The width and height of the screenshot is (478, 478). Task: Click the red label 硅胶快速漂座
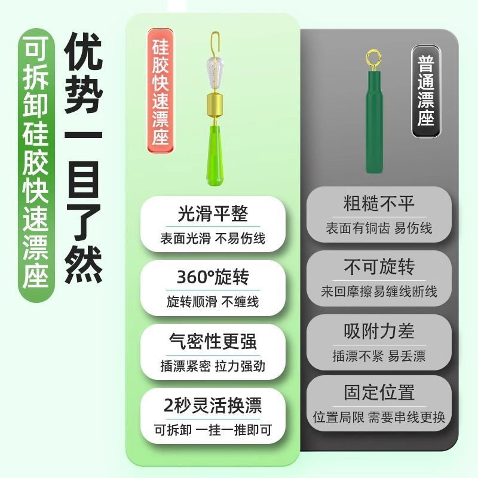point(161,91)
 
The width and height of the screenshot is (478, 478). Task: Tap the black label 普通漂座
point(426,91)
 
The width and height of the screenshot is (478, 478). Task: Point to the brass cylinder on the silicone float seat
point(215,105)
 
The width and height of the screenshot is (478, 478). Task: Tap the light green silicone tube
point(215,155)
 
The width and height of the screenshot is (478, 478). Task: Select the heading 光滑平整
point(213,214)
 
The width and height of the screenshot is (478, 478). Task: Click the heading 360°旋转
point(213,277)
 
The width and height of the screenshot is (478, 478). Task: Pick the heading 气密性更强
point(213,341)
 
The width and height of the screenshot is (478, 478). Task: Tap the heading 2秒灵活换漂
point(213,405)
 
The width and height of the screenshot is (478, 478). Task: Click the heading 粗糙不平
point(379,204)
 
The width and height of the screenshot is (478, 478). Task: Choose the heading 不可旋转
point(379,267)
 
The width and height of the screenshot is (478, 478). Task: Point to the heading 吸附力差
point(379,331)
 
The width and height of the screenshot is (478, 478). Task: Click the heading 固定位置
point(379,393)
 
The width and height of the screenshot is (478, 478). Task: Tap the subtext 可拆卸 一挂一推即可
point(213,430)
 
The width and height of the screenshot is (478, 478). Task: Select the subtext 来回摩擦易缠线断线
point(379,292)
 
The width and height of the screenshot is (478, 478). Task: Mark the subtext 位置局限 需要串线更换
point(379,417)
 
